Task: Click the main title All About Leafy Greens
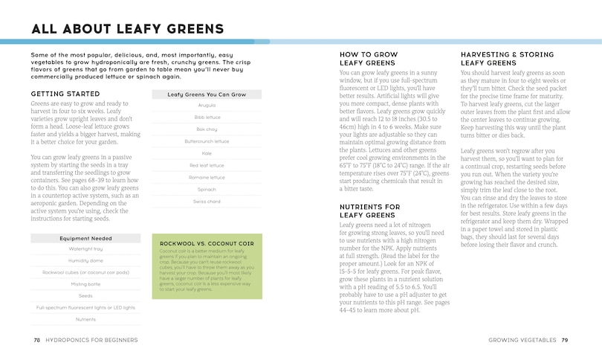point(127,29)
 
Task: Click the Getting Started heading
point(65,94)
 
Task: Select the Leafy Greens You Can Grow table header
point(207,94)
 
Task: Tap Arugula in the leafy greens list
point(207,106)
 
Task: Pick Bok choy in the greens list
point(207,129)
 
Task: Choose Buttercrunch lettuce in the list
point(207,141)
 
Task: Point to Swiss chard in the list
point(207,202)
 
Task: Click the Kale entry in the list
point(207,152)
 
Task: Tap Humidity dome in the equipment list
point(85,261)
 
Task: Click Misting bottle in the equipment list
point(85,284)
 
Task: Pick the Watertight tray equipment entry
point(85,249)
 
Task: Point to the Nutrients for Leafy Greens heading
point(369,210)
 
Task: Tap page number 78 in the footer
point(37,340)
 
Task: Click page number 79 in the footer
point(566,340)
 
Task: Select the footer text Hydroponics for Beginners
point(91,340)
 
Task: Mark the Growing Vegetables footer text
point(522,340)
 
